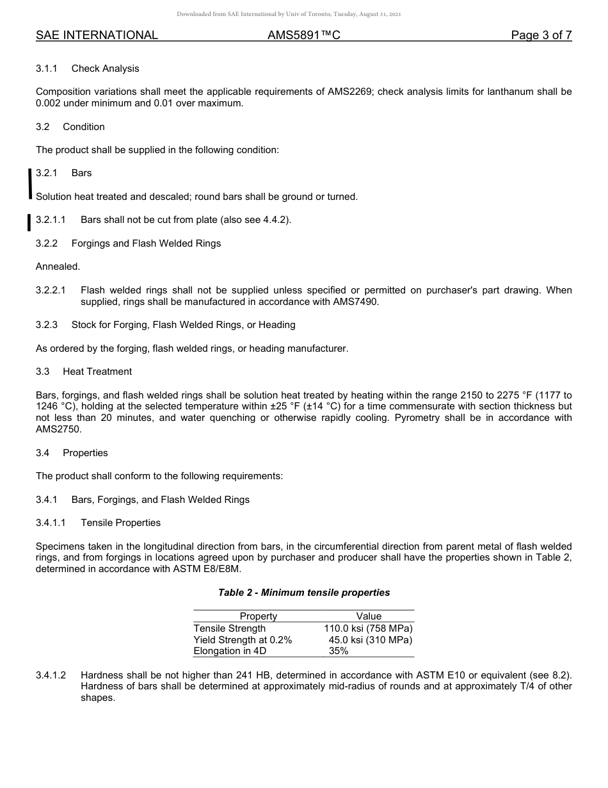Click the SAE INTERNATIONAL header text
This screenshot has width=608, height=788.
97,35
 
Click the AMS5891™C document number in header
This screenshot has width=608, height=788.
303,35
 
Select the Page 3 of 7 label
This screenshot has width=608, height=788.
541,35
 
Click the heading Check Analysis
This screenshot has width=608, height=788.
105,69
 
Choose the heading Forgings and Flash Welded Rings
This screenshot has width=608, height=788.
146,243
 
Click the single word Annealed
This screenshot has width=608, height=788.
58,267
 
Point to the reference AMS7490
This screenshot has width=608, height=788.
356,301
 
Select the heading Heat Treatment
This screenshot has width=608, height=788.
97,372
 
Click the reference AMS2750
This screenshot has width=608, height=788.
58,429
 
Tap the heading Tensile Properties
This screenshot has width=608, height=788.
120,523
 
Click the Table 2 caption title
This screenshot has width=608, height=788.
304,593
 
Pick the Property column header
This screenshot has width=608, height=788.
259,616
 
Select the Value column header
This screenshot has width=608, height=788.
369,616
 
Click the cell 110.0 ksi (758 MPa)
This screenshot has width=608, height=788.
368,628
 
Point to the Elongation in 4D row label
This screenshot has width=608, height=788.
230,651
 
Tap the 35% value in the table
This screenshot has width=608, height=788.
339,651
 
